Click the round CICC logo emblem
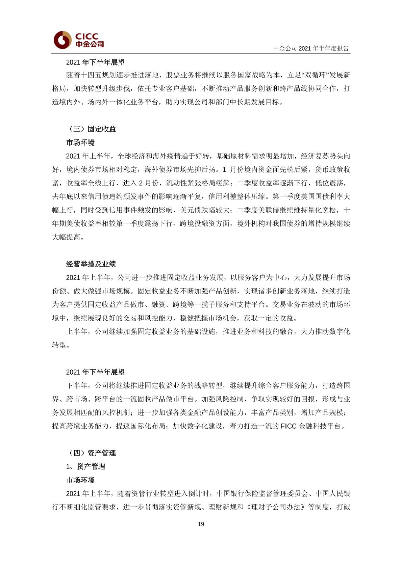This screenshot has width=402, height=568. [62, 40]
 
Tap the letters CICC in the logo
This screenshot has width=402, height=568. [87, 36]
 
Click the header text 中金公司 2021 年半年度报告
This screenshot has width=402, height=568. [311, 48]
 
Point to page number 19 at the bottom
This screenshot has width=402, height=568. [201, 524]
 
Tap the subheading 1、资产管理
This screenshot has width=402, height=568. [86, 466]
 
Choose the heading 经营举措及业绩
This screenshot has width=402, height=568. [91, 264]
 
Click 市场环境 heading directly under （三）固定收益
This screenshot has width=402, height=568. [80, 142]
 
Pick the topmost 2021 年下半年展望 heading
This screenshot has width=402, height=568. [95, 62]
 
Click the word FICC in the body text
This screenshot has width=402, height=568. [288, 426]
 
